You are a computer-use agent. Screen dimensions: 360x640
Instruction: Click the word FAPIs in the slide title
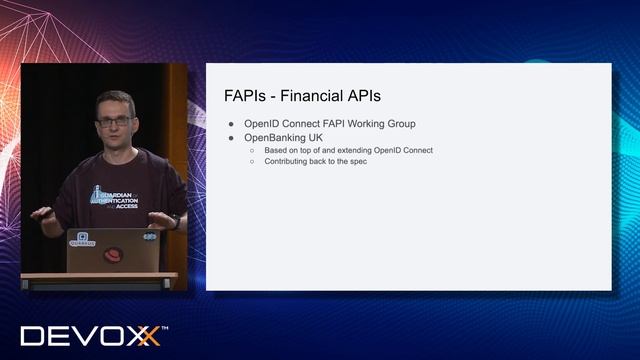[x=246, y=96]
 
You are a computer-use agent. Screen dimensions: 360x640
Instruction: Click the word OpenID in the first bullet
[x=263, y=124]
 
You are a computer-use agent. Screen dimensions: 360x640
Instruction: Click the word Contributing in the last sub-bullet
[x=290, y=161]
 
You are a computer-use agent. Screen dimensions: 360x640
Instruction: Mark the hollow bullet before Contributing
[x=253, y=161]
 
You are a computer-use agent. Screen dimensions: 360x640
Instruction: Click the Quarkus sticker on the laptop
[x=81, y=240]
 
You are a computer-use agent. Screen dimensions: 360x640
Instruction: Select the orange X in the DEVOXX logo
[x=148, y=336]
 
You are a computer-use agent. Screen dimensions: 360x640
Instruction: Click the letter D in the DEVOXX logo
[x=33, y=336]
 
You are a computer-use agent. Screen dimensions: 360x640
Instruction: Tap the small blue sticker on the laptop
[x=149, y=237]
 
